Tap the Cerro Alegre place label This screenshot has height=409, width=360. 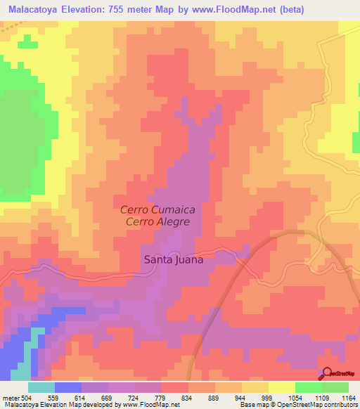pyautogui.click(x=158, y=221)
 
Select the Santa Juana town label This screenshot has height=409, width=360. pyautogui.click(x=174, y=259)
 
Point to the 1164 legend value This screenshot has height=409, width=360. pyautogui.click(x=349, y=397)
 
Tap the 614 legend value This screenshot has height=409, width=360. pyautogui.click(x=89, y=397)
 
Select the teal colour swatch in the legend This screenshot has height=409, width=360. pyautogui.click(x=41, y=387)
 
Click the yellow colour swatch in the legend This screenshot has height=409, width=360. pyautogui.click(x=282, y=387)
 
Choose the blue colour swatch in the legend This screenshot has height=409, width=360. pyautogui.click(x=68, y=387)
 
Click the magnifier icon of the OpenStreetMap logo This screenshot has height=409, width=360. pyautogui.click(x=326, y=374)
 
